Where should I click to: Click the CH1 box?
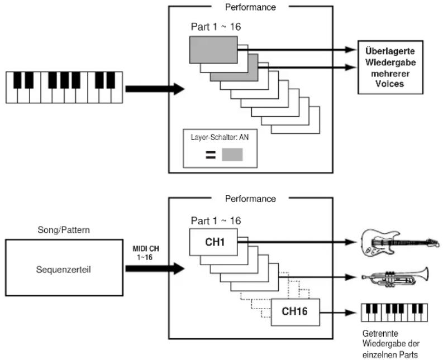point(213,242)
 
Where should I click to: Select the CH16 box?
point(295,312)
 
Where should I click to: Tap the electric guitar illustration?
point(401,243)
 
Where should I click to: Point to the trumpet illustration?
point(396,277)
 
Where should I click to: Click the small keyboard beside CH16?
point(394,313)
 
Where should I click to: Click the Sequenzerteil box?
point(64,268)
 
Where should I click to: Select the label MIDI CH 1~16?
point(146,253)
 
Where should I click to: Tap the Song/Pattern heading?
point(64,230)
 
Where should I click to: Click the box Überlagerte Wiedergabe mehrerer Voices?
point(390,67)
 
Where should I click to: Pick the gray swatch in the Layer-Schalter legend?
point(232,155)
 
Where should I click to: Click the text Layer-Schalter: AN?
point(220,137)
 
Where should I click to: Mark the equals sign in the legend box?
point(211,155)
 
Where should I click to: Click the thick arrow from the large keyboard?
point(155,89)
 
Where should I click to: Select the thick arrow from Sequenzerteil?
point(155,268)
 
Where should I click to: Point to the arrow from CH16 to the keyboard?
point(337,313)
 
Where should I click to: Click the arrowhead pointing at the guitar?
point(350,242)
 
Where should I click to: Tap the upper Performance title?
point(250,7)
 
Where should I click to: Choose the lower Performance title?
point(250,199)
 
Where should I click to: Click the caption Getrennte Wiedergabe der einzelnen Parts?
point(390,344)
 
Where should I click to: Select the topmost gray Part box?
point(213,50)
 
